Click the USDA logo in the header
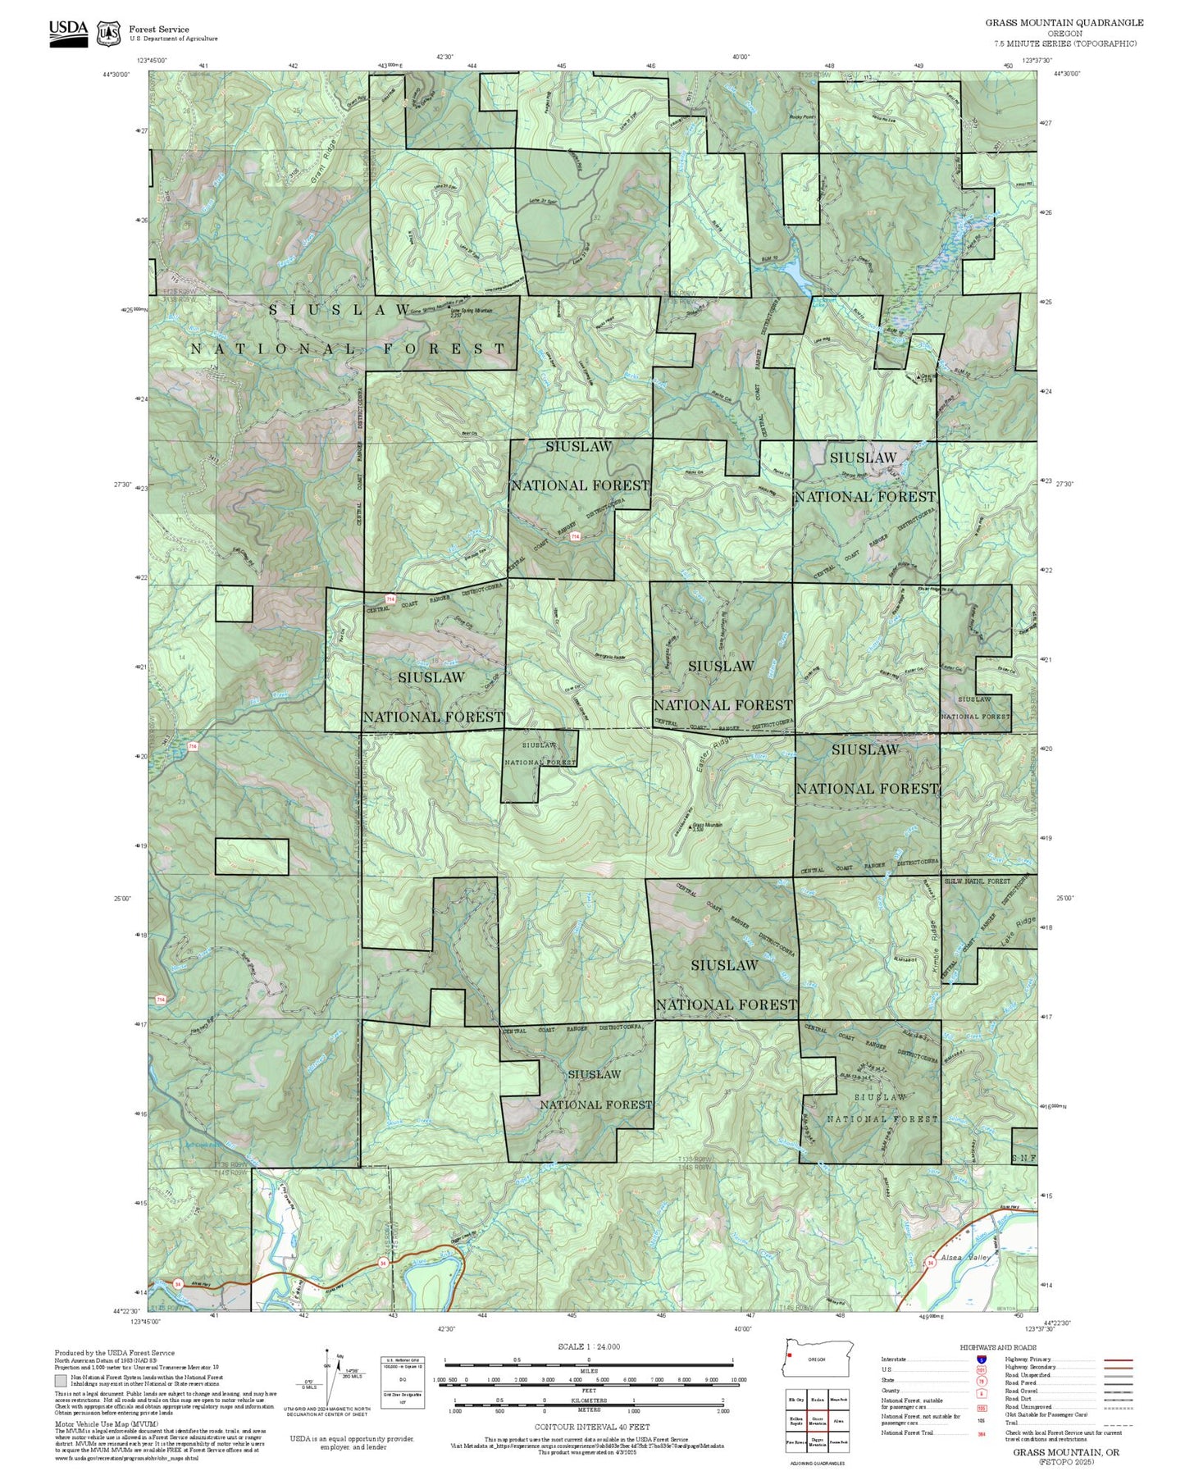68,32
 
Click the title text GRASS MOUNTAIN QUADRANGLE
1064,22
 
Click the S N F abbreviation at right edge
1023,1158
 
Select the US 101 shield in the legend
981,1369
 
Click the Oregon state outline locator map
818,1359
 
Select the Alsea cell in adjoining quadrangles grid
837,1421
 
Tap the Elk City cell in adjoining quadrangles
795,1400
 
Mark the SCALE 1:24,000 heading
588,1346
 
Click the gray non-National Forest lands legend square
61,1380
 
